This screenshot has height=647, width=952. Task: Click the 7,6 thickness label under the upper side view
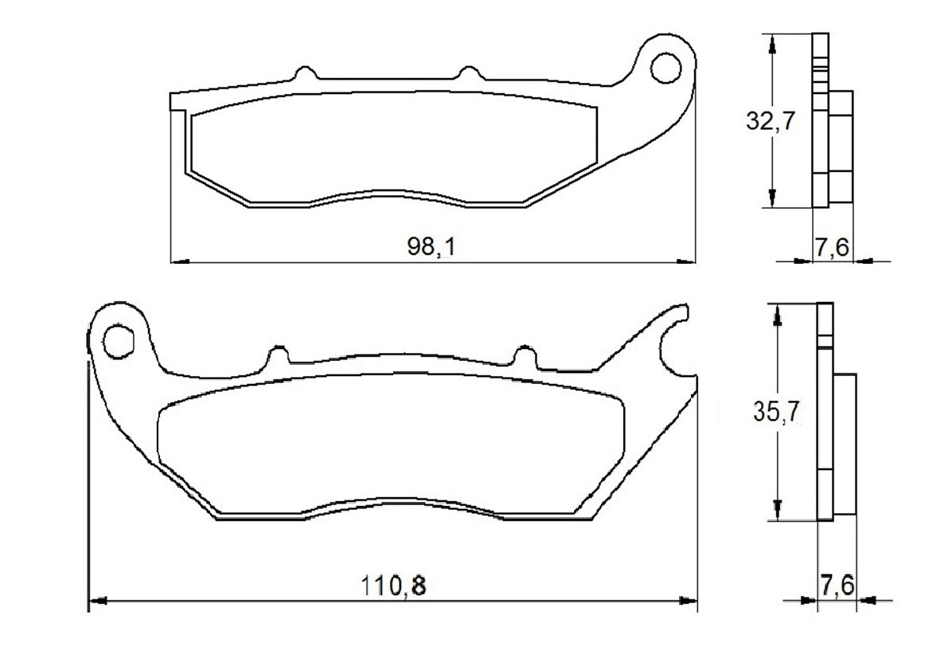click(831, 248)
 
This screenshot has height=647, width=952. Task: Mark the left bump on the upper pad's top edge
click(303, 73)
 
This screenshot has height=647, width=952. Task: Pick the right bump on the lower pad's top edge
click(525, 355)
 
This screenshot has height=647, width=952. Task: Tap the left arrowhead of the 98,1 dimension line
click(180, 261)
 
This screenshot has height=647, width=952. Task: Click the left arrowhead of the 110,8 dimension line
click(96, 600)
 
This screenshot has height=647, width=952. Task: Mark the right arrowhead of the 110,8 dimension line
click(689, 600)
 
